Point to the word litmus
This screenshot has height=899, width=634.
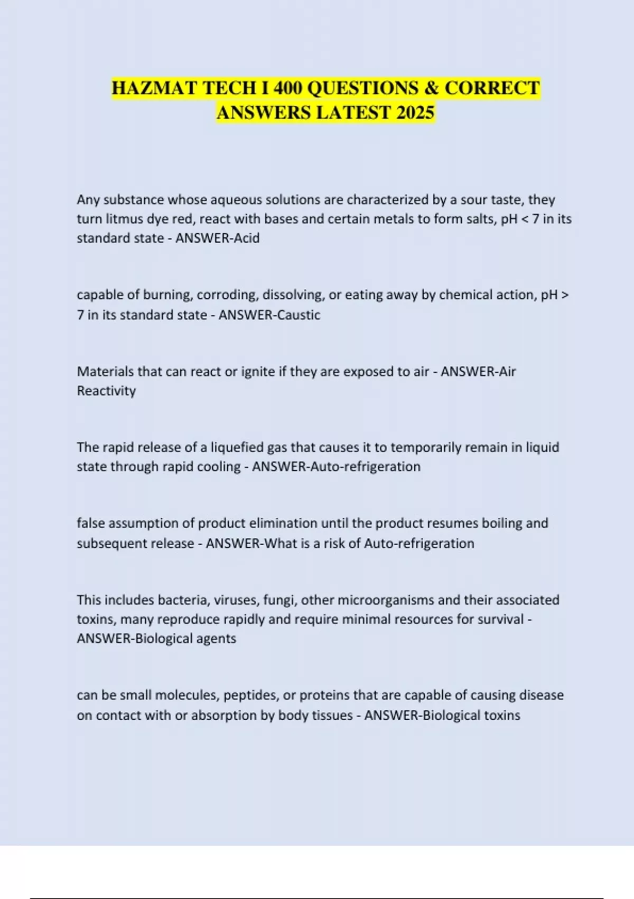click(x=123, y=219)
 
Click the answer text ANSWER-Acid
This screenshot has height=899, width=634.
click(x=217, y=238)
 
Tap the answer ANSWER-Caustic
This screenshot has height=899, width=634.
click(x=269, y=315)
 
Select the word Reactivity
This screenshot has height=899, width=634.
click(x=106, y=391)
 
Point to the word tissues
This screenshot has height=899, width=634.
click(x=328, y=715)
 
